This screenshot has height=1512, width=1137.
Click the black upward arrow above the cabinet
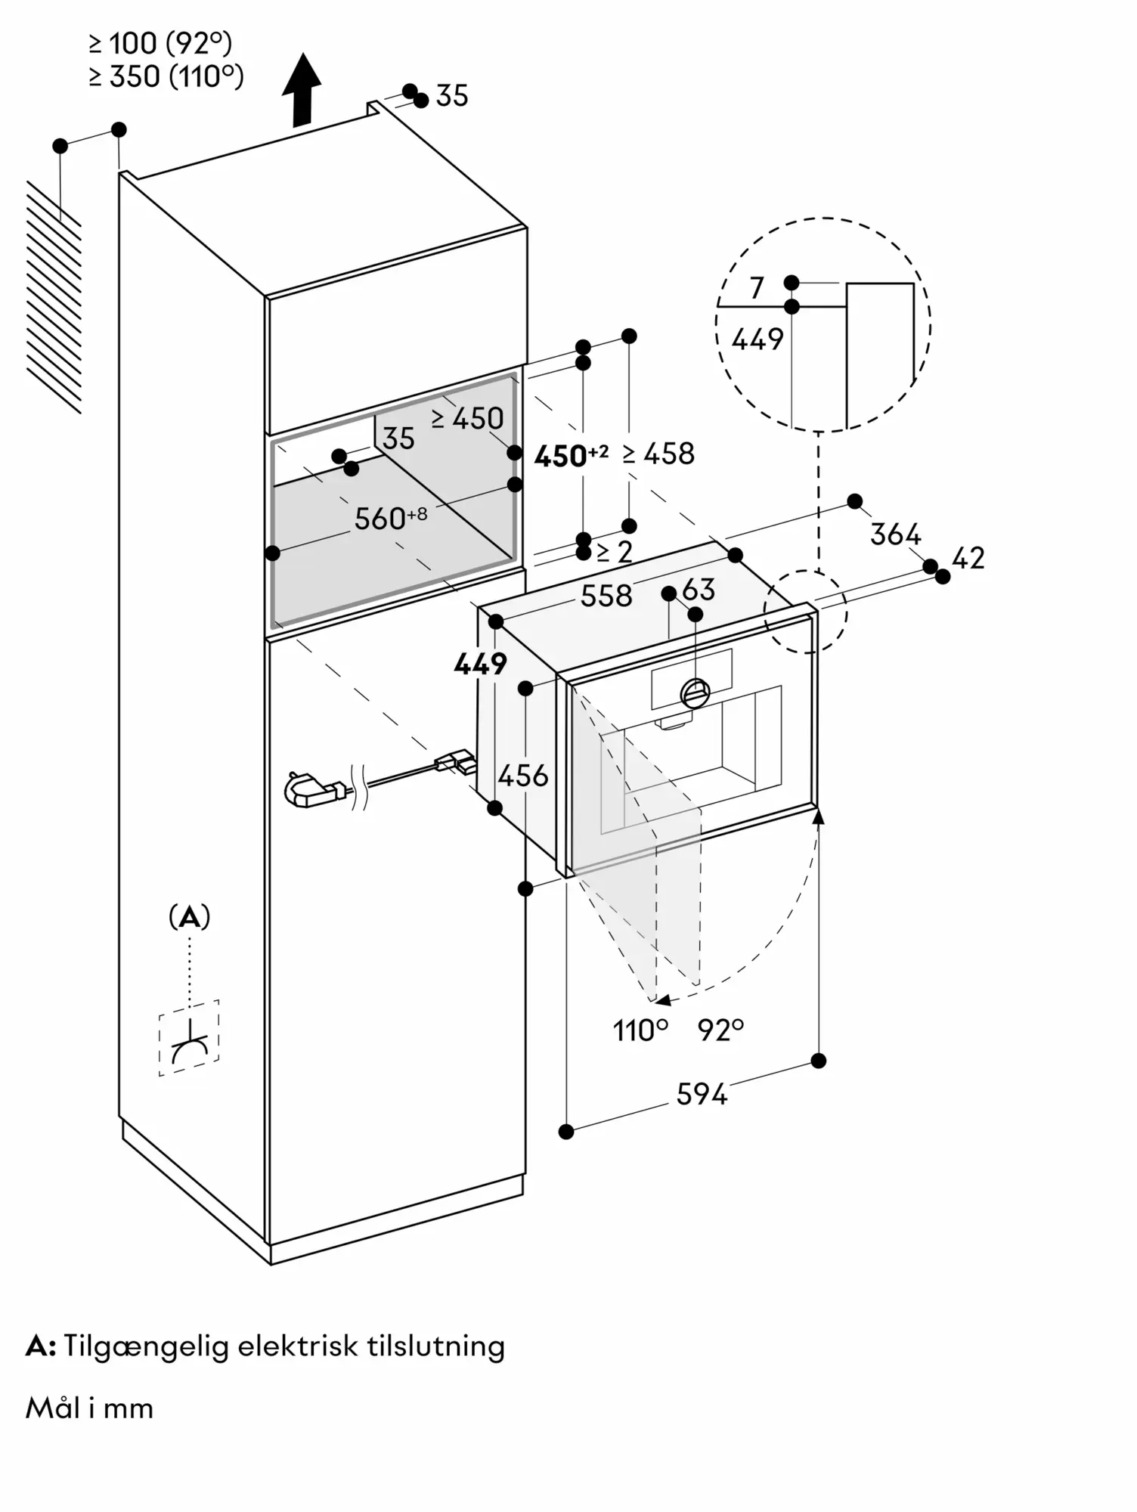point(302,89)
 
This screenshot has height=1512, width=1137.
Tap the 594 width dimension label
point(701,1094)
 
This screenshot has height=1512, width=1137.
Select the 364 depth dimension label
point(895,534)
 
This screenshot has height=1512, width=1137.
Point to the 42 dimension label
point(968,558)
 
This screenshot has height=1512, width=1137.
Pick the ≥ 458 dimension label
point(658,454)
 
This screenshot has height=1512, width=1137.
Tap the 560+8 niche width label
point(390,518)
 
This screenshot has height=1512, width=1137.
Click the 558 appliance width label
point(606,596)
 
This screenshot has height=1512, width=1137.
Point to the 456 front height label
point(523,775)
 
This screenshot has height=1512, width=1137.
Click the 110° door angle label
point(640,1030)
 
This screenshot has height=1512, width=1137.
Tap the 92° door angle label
point(720,1030)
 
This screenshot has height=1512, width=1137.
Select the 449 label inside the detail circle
point(757,339)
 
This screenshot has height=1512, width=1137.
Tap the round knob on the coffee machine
point(695,691)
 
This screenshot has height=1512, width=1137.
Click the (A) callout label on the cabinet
point(189,917)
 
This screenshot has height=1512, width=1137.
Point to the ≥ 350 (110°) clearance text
point(166,76)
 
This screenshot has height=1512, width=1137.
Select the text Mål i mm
point(89,1408)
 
